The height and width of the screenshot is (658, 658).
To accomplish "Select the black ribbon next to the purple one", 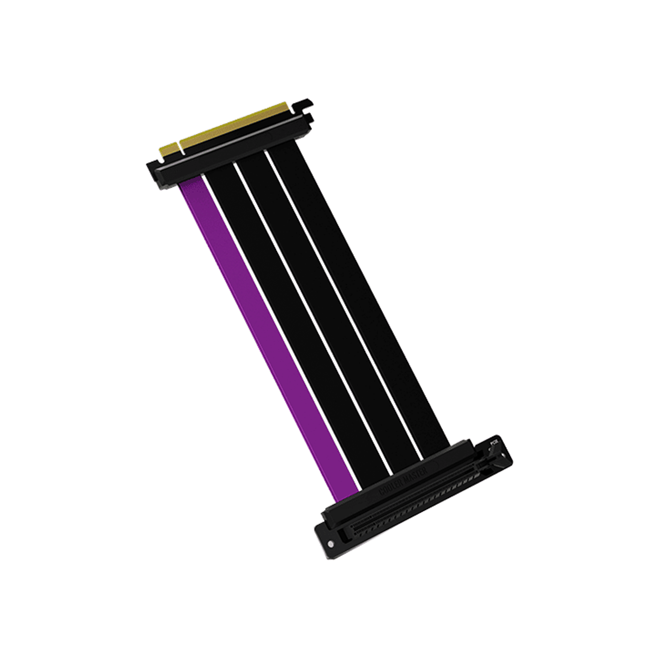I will coord(292,322).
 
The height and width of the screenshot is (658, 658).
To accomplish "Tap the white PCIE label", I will coord(494,443).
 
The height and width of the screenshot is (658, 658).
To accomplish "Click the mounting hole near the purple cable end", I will coord(332,544).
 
